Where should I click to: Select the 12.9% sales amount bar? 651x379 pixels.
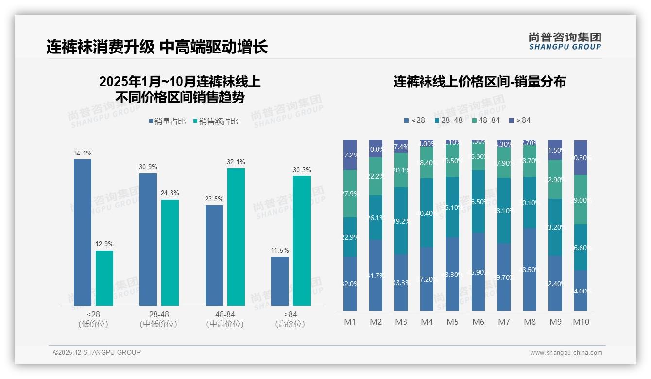pos(104,278)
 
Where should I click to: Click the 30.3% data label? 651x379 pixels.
pos(302,170)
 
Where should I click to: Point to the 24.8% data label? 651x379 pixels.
pos(170,194)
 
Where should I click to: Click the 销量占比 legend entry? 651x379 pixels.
pos(167,121)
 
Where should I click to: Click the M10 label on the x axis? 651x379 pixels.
pos(581,322)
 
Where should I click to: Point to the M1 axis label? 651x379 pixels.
pos(350,322)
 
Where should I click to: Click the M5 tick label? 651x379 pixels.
pos(452,322)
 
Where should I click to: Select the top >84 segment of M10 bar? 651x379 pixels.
pos(581,157)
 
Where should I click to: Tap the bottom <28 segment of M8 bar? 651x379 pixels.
pos(530,270)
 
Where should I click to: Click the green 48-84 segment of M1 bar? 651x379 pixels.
pos(350,193)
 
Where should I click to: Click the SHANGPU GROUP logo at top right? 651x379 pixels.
pos(565,41)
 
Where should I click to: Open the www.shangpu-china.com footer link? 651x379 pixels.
pos(566,353)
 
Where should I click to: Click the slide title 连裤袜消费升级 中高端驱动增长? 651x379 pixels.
pos(157,47)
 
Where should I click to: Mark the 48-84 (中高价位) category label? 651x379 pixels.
pos(224,319)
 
